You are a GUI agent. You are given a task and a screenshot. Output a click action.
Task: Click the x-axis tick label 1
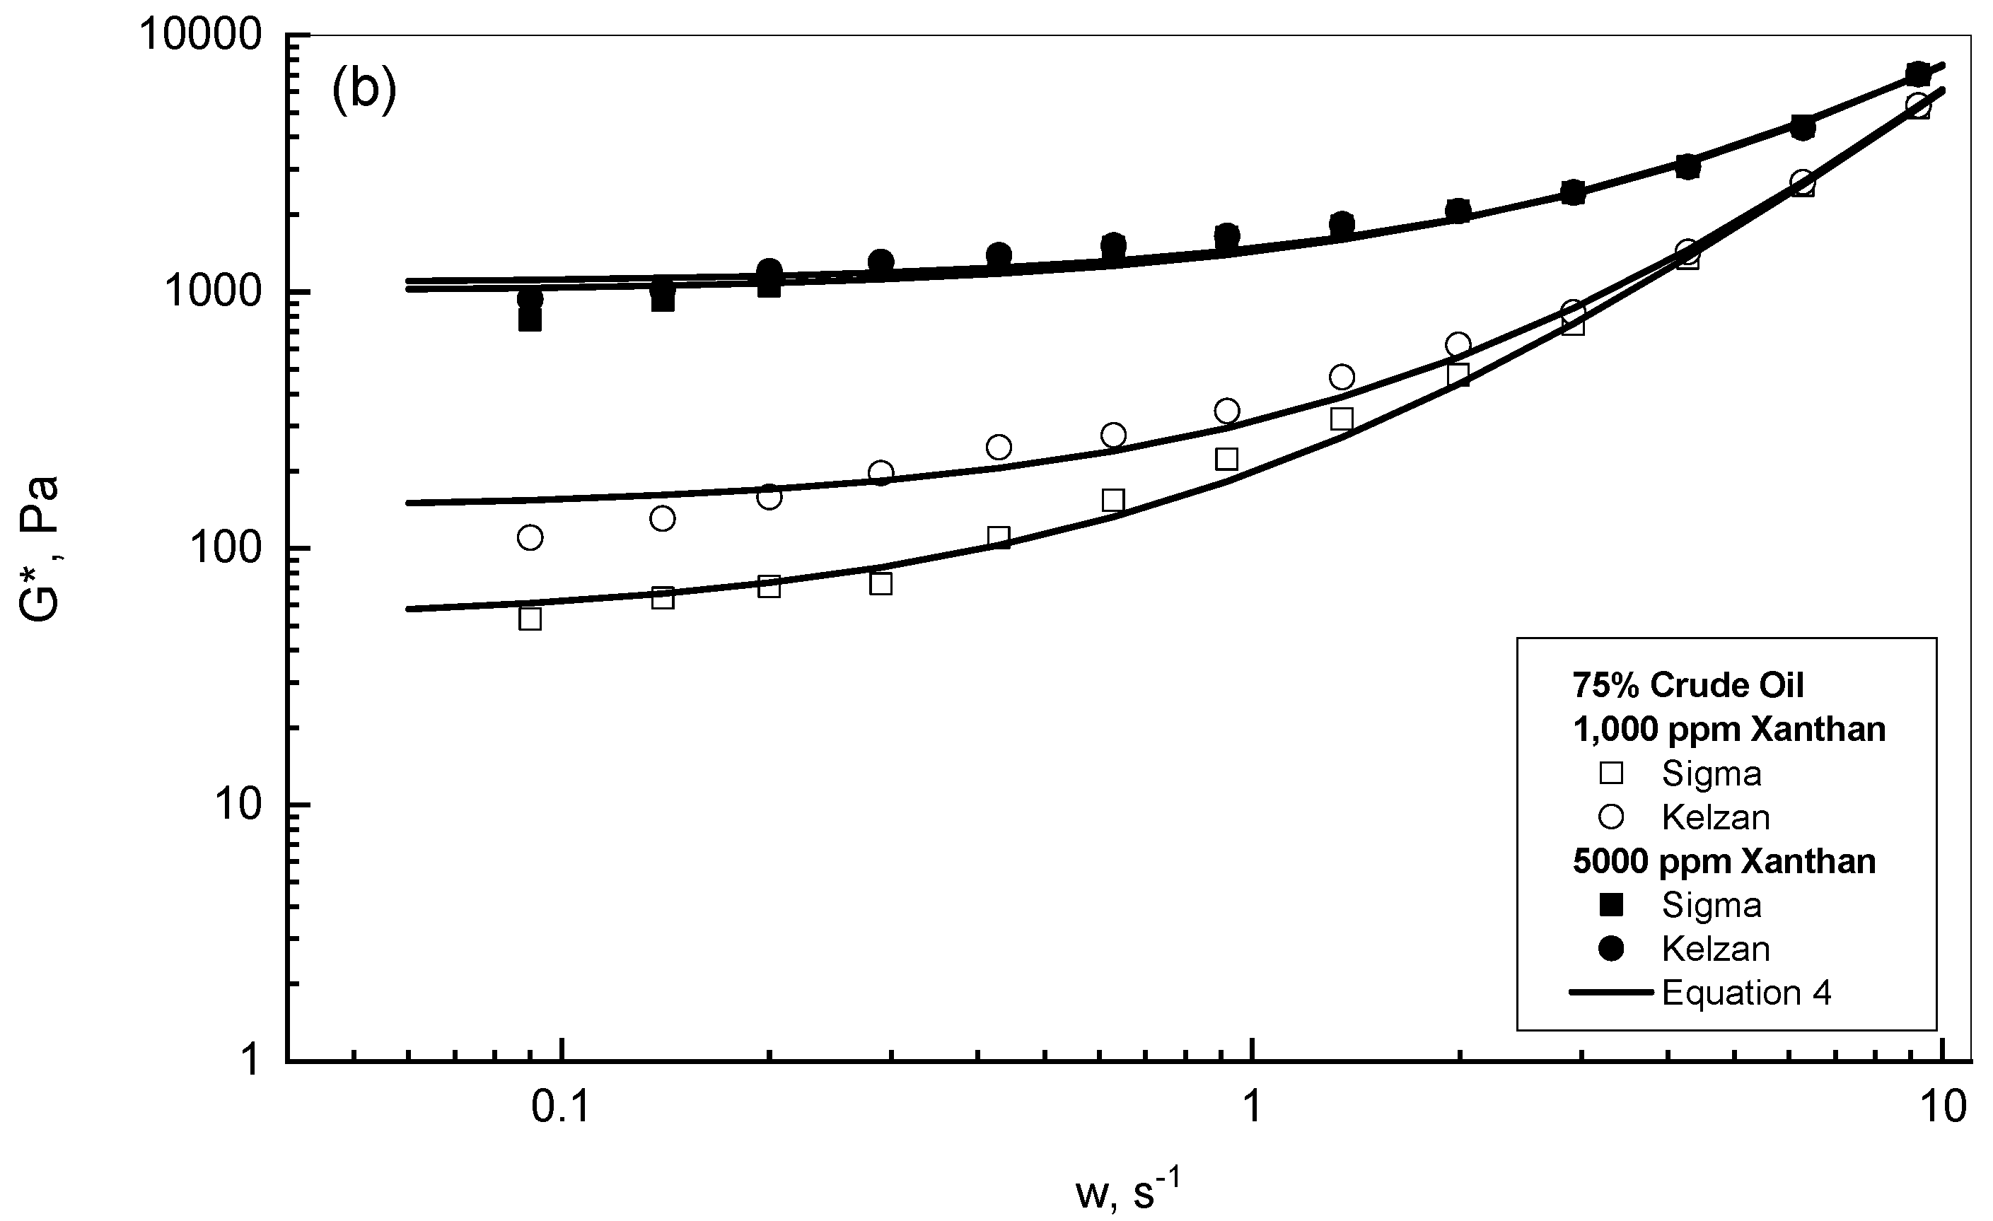tap(1251, 1107)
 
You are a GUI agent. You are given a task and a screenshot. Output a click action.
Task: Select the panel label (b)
tap(364, 91)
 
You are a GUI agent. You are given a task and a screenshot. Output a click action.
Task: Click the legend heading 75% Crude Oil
tap(1688, 686)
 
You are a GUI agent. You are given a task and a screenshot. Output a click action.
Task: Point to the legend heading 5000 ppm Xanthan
tap(1724, 861)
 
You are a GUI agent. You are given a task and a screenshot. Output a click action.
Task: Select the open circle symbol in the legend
tap(1611, 817)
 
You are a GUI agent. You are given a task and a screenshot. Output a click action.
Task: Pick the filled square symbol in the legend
tap(1611, 905)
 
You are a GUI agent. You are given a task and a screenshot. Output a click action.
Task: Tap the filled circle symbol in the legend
tap(1611, 949)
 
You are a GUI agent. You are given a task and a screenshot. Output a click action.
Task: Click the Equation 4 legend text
tap(1746, 992)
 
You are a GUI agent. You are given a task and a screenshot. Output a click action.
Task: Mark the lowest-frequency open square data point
tap(530, 619)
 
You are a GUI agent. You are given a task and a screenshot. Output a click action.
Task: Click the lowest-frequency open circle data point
tap(530, 537)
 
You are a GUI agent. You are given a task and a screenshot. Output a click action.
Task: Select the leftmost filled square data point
tap(530, 320)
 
